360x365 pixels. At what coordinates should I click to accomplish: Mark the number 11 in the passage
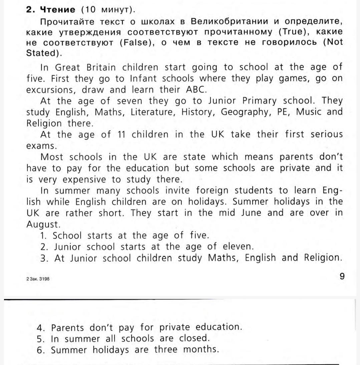pyautogui.click(x=123, y=135)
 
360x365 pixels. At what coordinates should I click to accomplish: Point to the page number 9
pyautogui.click(x=342, y=276)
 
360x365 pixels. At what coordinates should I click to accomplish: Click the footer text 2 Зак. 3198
pyautogui.click(x=38, y=279)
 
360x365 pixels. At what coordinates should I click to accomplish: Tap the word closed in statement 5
pyautogui.click(x=194, y=338)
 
